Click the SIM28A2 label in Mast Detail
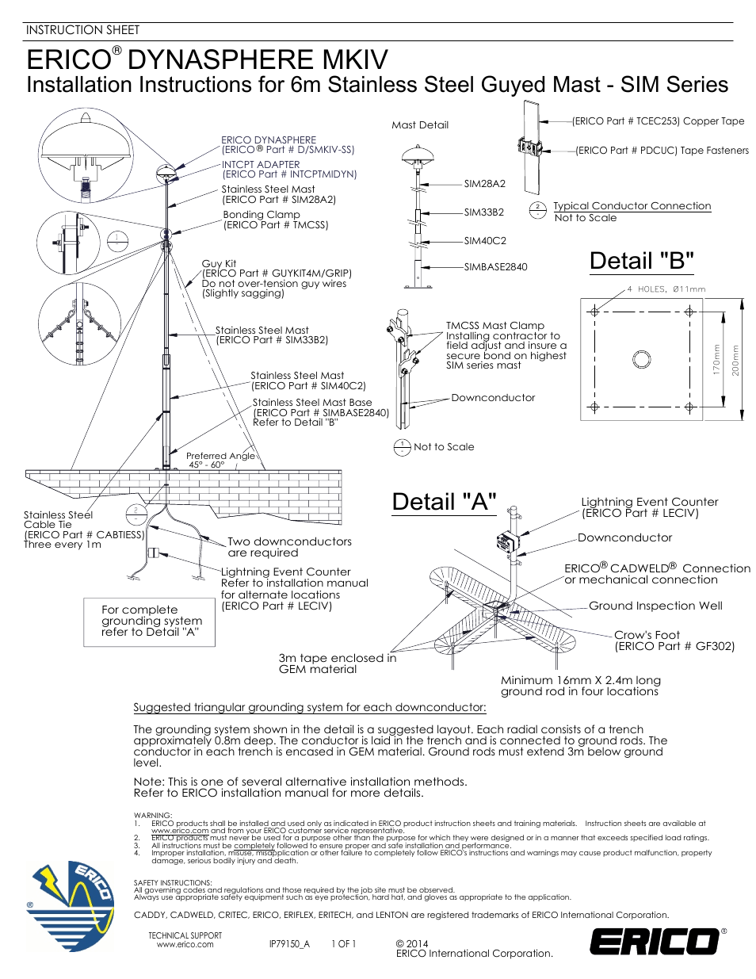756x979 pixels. [484, 184]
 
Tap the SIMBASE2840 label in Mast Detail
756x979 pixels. [495, 267]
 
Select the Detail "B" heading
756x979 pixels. [641, 261]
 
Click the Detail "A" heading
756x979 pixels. [444, 502]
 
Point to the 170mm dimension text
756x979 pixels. [716, 359]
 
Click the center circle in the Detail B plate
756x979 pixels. [641, 359]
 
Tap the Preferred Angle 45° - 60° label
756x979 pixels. [220, 461]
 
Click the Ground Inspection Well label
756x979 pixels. [655, 606]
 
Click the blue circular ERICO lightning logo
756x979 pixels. [71, 906]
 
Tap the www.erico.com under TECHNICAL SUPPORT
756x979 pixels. [185, 945]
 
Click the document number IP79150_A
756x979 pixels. [289, 944]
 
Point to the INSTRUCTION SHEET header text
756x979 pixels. [82, 30]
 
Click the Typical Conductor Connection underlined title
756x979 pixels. [632, 206]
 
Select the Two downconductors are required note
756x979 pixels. [289, 547]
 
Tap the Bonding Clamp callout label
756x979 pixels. [274, 220]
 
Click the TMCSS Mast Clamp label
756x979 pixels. [494, 326]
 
